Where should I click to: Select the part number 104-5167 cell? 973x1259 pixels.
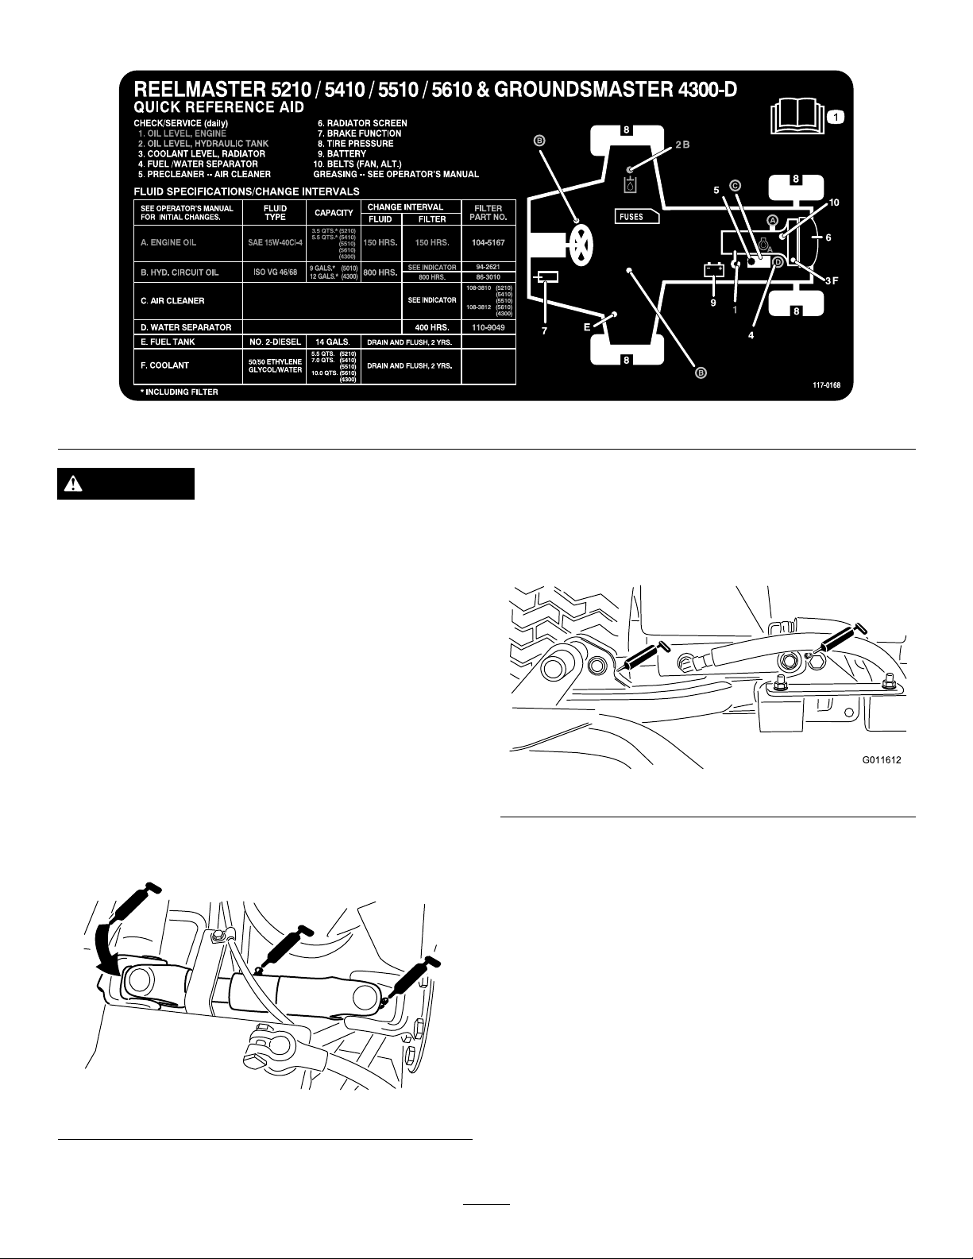point(488,242)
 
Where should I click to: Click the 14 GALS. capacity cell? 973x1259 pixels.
point(334,342)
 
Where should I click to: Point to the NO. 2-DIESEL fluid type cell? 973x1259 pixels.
point(274,342)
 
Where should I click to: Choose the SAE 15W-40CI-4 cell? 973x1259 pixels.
point(274,242)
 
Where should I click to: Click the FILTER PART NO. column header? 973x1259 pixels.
point(488,213)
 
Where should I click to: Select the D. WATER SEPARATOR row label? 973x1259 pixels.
point(187,327)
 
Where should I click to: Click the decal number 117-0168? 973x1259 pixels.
point(826,386)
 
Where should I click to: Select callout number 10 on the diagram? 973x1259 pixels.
point(833,203)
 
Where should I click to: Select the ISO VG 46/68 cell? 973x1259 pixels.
point(274,272)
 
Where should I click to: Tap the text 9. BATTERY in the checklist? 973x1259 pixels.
point(342,154)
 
